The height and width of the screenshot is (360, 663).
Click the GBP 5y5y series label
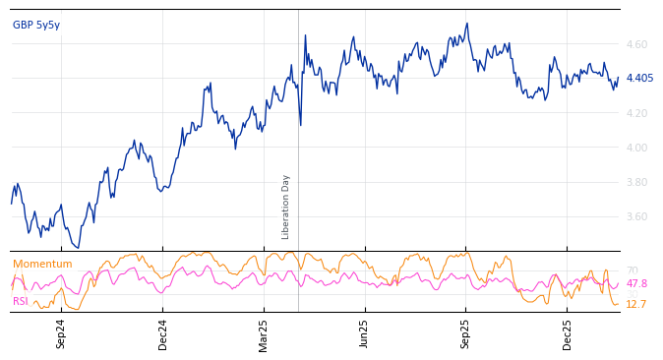[x=36, y=25]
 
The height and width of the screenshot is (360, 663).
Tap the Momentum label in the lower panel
[x=42, y=265]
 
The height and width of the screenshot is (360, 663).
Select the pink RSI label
[x=21, y=302]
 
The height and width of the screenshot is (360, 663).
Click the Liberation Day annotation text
[x=286, y=207]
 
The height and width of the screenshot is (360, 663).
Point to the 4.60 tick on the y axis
[x=636, y=44]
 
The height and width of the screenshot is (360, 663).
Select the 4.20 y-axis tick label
[x=636, y=113]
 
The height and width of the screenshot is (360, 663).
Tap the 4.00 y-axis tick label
[x=636, y=148]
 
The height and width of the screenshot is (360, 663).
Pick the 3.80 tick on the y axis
[x=636, y=182]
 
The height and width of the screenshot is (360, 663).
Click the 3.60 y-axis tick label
[x=636, y=216]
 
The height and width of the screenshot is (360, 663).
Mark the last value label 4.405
[x=639, y=78]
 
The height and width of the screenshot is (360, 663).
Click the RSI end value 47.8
[x=636, y=284]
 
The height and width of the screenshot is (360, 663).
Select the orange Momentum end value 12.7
[x=636, y=305]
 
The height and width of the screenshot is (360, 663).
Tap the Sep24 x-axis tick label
[x=61, y=333]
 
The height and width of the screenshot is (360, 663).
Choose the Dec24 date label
[x=163, y=333]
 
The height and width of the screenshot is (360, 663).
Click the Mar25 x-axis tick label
[x=264, y=333]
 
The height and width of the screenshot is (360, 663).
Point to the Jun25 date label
[x=365, y=333]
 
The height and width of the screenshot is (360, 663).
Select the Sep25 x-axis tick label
[x=466, y=333]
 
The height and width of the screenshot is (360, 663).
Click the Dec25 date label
[x=568, y=333]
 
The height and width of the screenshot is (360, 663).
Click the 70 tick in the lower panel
[x=632, y=270]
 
